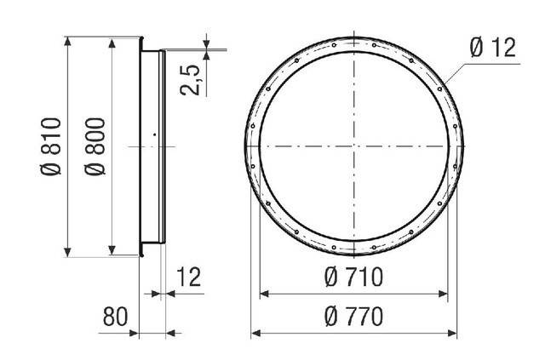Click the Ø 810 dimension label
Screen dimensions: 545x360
[x=51, y=146]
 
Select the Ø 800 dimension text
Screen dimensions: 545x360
[x=95, y=146]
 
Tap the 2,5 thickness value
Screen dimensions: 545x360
[x=190, y=80]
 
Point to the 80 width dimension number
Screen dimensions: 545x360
[x=116, y=317]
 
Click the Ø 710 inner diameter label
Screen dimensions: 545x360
[x=354, y=277]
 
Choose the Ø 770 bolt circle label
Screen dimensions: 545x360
[x=354, y=317]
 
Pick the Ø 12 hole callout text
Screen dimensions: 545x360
[x=493, y=48]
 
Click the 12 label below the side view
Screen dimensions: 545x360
[x=189, y=277]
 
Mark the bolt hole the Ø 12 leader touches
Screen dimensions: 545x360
[x=439, y=89]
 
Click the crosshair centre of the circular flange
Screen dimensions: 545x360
[x=354, y=146]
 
